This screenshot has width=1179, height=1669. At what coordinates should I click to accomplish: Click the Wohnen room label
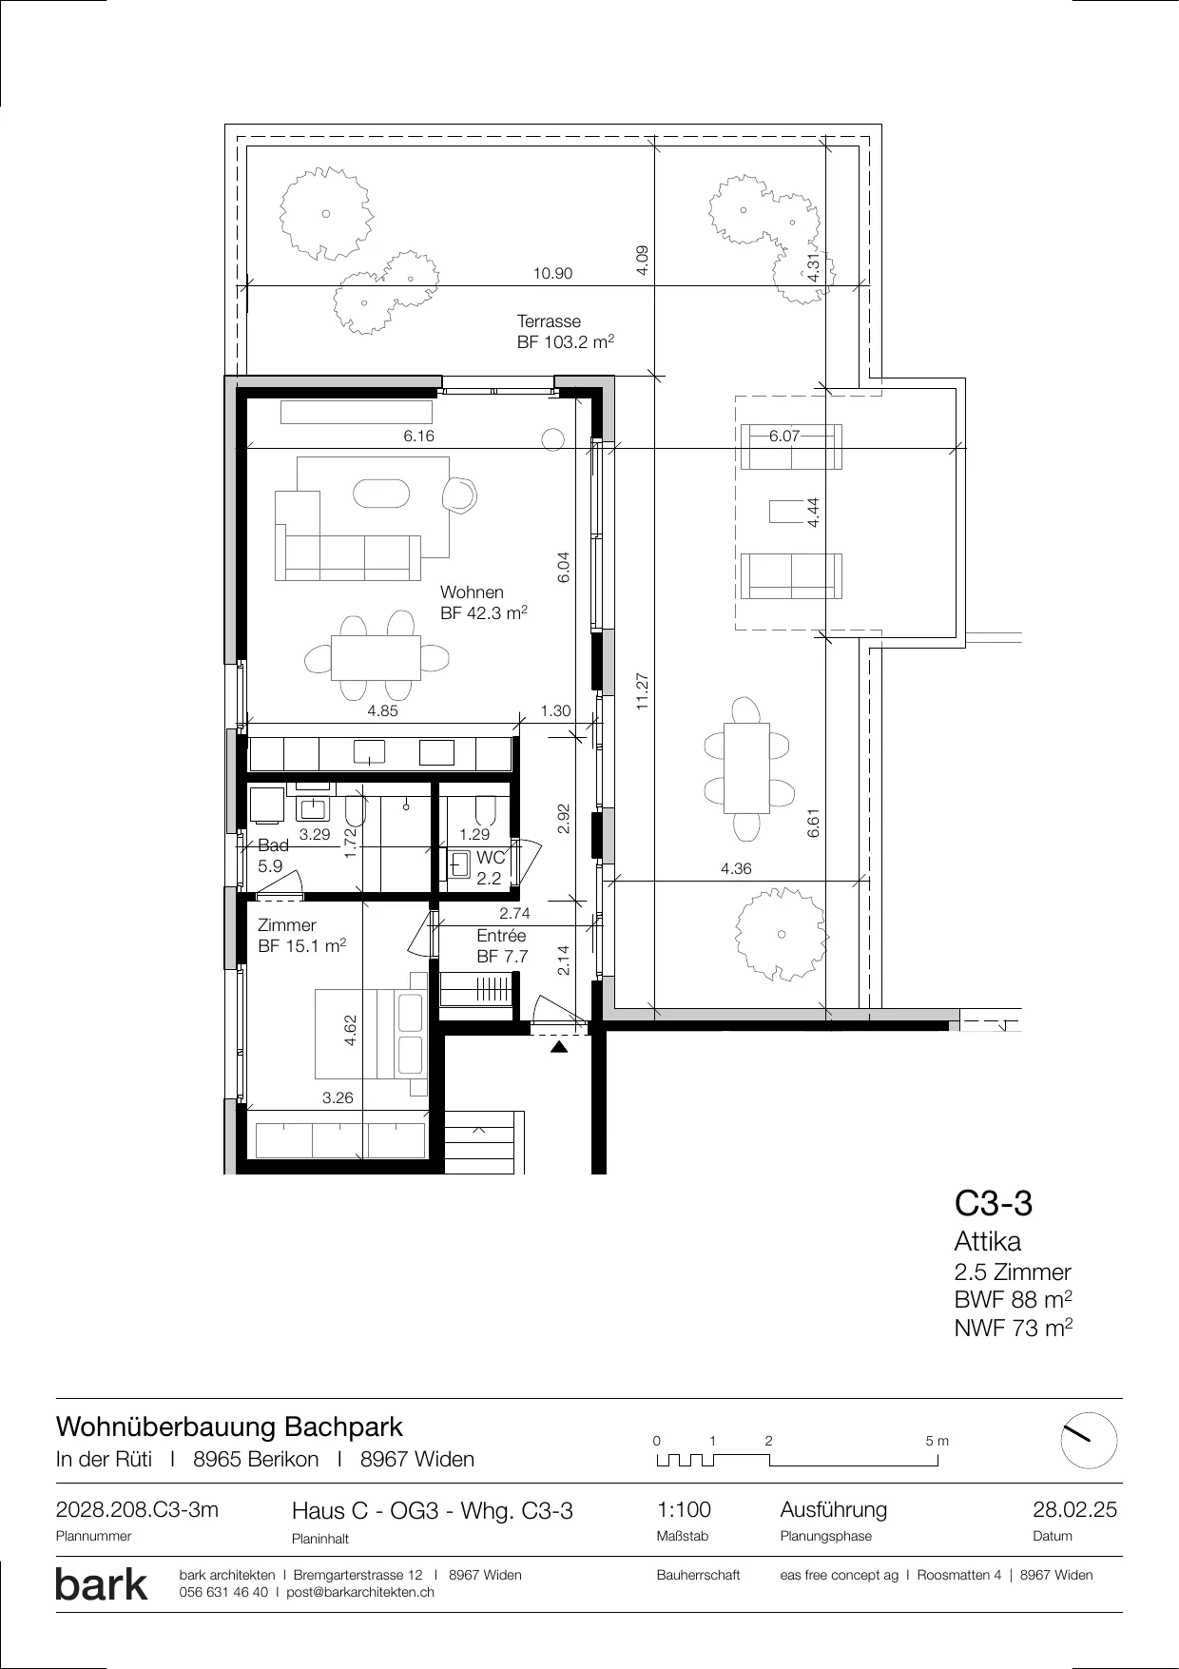pyautogui.click(x=472, y=592)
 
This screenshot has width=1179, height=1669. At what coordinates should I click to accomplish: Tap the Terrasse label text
pyautogui.click(x=549, y=321)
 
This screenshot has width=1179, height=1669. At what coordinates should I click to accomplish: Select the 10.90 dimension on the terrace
pyautogui.click(x=552, y=274)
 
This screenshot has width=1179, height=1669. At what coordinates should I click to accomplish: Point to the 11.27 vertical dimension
pyautogui.click(x=643, y=691)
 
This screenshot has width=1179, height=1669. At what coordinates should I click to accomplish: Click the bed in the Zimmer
pyautogui.click(x=371, y=1034)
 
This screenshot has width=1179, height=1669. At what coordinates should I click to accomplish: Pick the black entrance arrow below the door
pyautogui.click(x=560, y=1048)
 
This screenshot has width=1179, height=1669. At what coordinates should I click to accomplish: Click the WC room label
pyautogui.click(x=490, y=858)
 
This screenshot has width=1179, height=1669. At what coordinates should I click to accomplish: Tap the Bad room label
pyautogui.click(x=273, y=845)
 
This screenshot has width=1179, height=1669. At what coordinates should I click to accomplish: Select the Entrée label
pyautogui.click(x=501, y=936)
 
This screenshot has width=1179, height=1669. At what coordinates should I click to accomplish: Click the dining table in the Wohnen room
pyautogui.click(x=377, y=657)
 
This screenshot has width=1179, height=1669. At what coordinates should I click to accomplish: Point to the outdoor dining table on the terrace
pyautogui.click(x=746, y=768)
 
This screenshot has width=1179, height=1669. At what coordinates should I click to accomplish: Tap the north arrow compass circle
pyautogui.click(x=1089, y=1441)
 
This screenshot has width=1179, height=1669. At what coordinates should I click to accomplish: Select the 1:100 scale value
pyautogui.click(x=684, y=1510)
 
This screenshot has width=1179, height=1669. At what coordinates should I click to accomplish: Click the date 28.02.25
pyautogui.click(x=1074, y=1510)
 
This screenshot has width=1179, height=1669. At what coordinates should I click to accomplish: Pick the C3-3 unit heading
pyautogui.click(x=994, y=1204)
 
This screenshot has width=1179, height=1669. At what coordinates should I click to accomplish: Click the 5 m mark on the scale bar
pyautogui.click(x=937, y=1441)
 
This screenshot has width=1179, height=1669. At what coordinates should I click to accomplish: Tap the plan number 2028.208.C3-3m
pyautogui.click(x=138, y=1510)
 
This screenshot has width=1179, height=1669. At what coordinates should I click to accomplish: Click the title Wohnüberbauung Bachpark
pyautogui.click(x=229, y=1427)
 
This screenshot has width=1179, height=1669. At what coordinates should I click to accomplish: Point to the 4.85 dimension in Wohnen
pyautogui.click(x=382, y=710)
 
